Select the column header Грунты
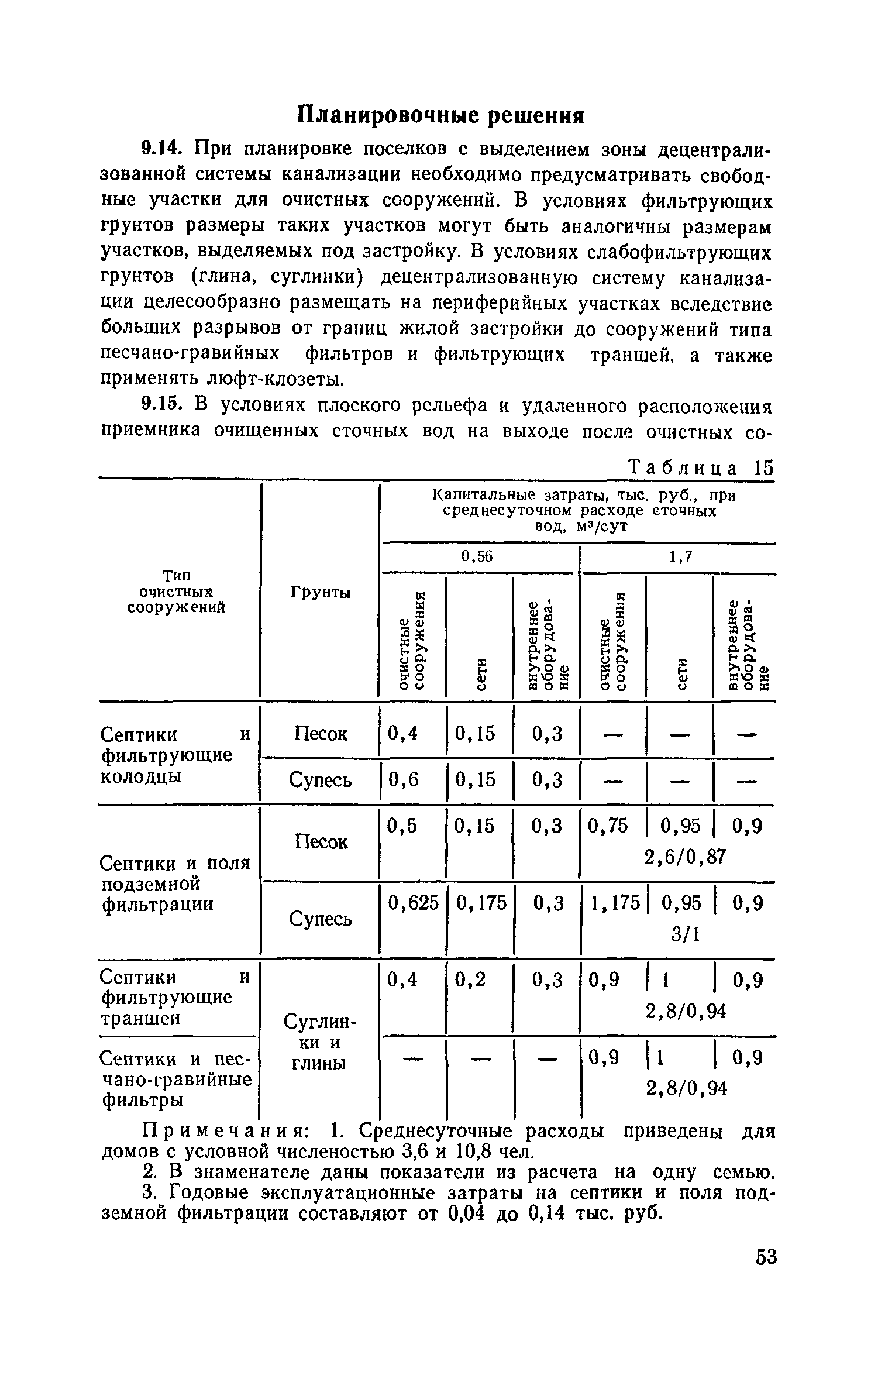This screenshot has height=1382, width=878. (x=320, y=593)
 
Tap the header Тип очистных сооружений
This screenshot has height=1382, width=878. (x=176, y=592)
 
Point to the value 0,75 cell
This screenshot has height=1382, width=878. (x=608, y=826)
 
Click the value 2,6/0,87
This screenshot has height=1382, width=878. (x=684, y=857)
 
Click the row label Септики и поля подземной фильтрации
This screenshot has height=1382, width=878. (x=175, y=883)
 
